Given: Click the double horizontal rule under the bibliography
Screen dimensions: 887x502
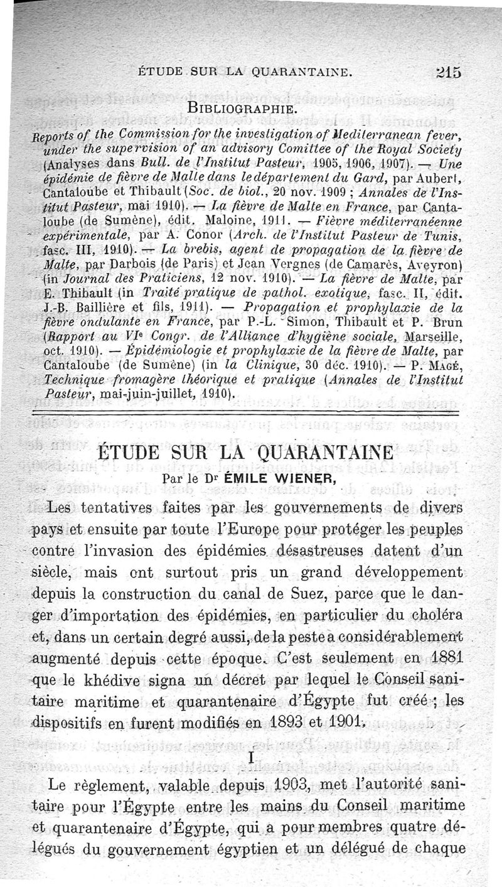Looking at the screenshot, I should (x=251, y=411).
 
